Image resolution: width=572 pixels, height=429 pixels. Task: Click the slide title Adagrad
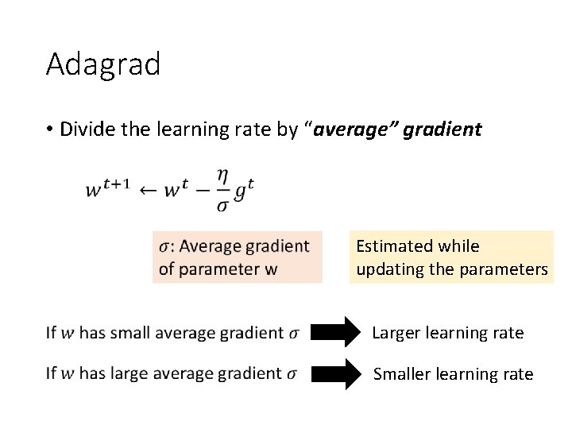(103, 64)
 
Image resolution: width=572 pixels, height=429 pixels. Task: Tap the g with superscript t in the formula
(245, 190)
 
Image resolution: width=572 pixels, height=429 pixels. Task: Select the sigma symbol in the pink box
(163, 246)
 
